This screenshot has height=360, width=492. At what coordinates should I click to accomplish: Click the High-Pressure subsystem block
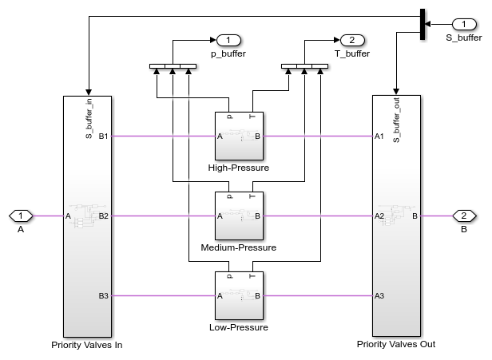click(x=239, y=136)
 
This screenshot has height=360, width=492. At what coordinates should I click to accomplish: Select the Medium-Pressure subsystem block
click(x=239, y=216)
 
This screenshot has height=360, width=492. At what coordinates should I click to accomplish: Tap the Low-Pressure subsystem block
click(x=239, y=295)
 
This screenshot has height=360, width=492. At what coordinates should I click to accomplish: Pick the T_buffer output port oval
click(x=351, y=40)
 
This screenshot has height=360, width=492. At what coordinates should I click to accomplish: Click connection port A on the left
click(x=21, y=216)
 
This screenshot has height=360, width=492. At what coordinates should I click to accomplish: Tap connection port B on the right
click(x=463, y=216)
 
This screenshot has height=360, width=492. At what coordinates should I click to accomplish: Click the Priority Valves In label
click(x=86, y=345)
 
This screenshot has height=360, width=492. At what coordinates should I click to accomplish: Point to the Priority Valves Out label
click(x=396, y=345)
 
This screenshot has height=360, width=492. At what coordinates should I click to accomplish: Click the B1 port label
click(x=103, y=136)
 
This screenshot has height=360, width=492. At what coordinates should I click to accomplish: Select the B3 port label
click(x=103, y=296)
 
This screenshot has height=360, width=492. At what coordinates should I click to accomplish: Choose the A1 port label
click(x=379, y=136)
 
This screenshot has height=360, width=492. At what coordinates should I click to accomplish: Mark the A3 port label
click(x=379, y=296)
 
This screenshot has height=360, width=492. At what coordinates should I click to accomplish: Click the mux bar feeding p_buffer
click(x=173, y=66)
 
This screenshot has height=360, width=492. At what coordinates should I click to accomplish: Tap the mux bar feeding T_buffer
click(x=305, y=66)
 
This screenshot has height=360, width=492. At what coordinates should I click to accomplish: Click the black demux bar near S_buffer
click(x=421, y=24)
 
